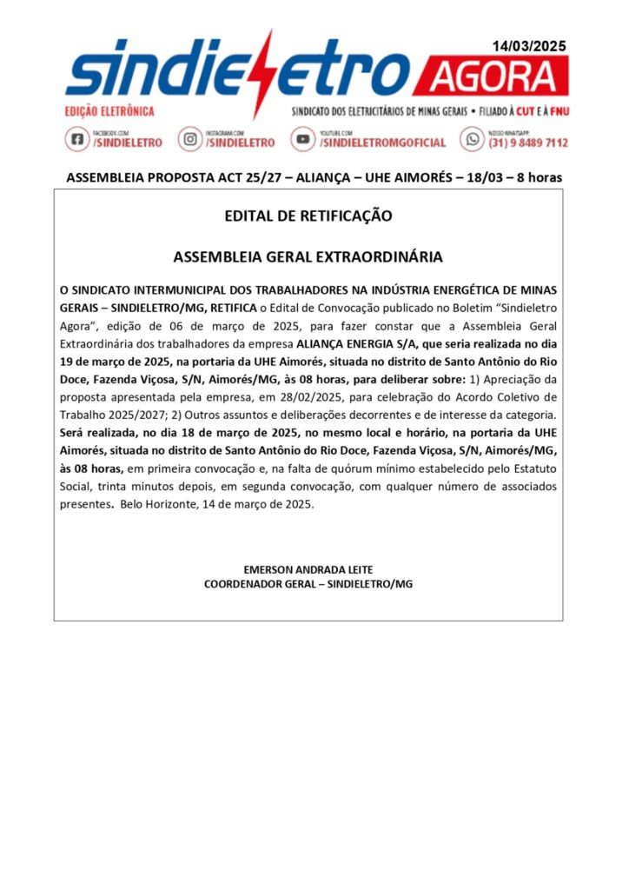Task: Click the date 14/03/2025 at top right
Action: point(529,47)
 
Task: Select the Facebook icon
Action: point(76,139)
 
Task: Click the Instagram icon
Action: point(190,139)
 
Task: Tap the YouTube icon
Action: point(303,139)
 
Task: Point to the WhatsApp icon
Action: point(473,139)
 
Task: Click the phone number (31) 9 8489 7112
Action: point(528,143)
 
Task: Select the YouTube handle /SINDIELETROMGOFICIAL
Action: point(383,143)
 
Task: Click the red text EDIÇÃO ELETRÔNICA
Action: point(109,111)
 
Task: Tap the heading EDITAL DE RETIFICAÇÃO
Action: point(308,216)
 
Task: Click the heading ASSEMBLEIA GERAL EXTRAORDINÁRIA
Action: point(308,257)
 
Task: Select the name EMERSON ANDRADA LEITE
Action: point(308,569)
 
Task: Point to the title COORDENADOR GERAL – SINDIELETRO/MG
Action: point(308,584)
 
